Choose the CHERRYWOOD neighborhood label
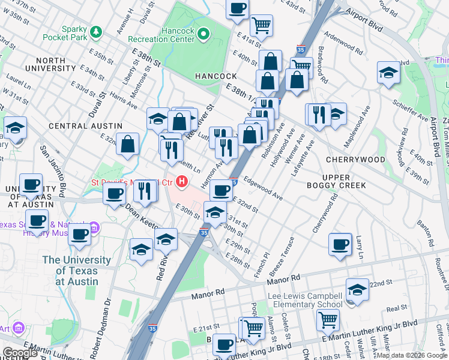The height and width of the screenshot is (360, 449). [x=355, y=160]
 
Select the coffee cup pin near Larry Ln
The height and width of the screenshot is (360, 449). [x=340, y=244]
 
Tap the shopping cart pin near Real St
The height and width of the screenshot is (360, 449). [x=328, y=319]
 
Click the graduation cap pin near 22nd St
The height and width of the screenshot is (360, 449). [x=357, y=290]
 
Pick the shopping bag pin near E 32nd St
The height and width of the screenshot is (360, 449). [x=127, y=144]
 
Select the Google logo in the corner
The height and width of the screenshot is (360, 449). [x=20, y=353]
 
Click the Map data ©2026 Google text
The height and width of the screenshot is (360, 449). [x=411, y=355]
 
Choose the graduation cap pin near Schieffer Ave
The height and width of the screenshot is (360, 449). [x=388, y=73]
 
